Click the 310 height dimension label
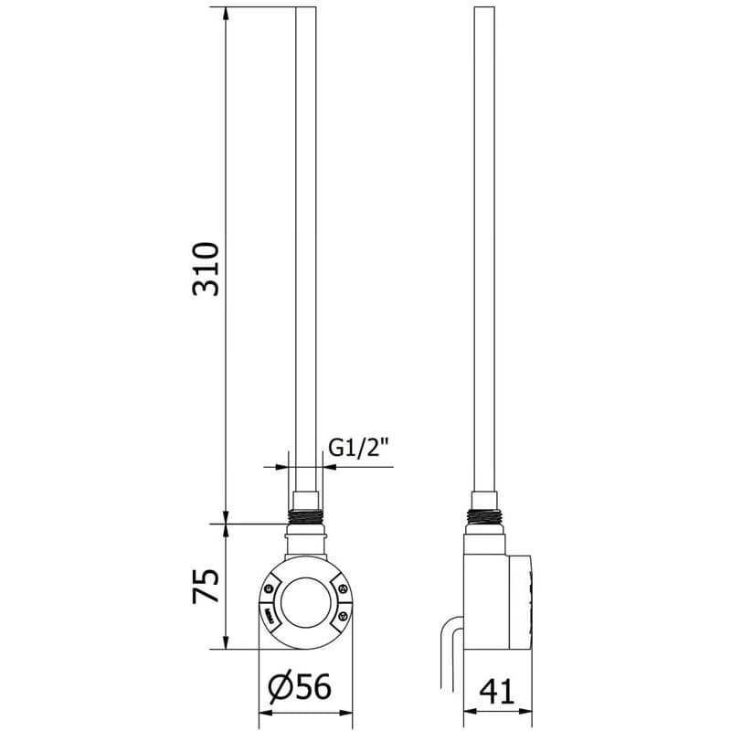click(206, 270)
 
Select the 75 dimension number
click(206, 586)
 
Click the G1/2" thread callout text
click(358, 448)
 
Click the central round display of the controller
click(306, 602)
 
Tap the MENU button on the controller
click(269, 612)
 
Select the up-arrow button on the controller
click(343, 589)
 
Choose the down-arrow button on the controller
click(343, 616)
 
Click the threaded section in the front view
click(306, 517)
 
